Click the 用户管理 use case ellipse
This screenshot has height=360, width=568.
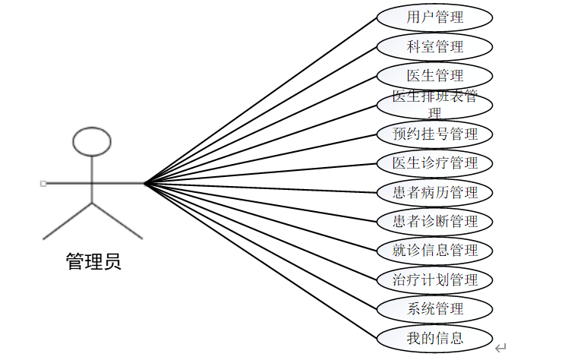434,17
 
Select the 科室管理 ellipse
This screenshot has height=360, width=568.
434,46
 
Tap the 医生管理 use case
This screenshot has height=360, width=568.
434,76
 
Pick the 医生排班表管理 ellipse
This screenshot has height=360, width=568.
434,105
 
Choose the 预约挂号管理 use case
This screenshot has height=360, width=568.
434,134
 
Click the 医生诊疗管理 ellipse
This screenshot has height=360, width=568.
434,163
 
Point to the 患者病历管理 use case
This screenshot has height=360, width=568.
434,192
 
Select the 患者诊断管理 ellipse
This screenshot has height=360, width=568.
434,222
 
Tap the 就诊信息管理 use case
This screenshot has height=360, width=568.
434,251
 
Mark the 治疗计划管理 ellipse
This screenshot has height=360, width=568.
434,279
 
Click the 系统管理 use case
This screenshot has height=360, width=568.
434,309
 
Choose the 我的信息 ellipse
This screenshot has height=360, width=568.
434,338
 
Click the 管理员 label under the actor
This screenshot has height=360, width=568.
93,263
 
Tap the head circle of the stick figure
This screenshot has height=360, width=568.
92,141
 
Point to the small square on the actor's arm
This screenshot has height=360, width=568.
43,183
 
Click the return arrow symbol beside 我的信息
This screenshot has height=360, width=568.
500,348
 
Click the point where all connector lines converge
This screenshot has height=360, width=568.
144,183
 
